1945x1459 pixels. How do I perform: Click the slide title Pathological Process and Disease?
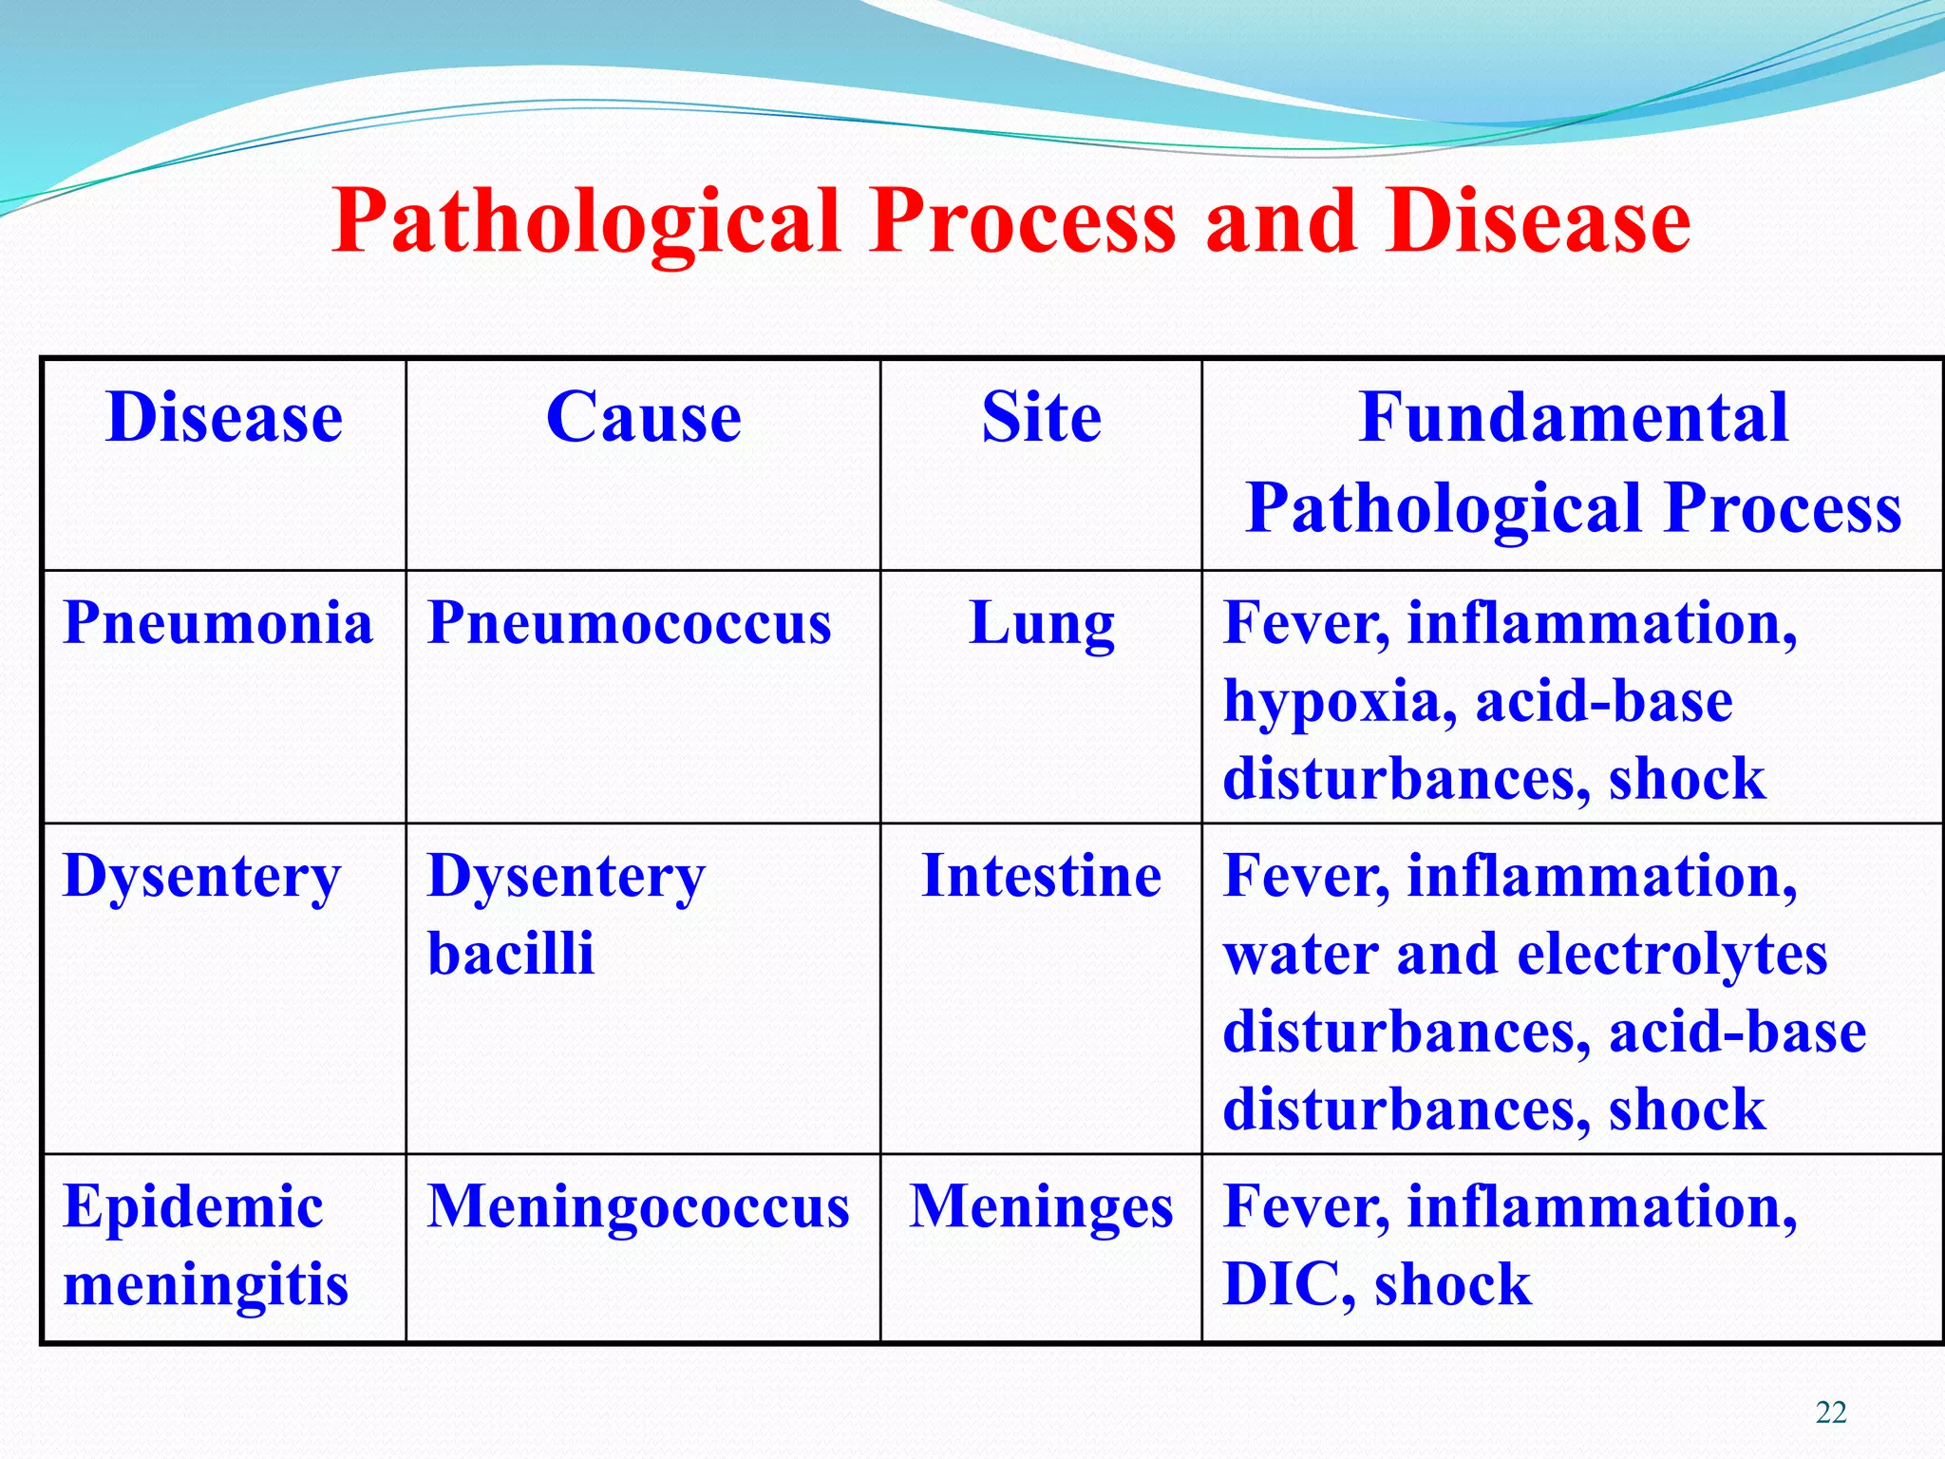(1010, 220)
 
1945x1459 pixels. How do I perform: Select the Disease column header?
(224, 418)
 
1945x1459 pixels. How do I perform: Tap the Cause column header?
(643, 418)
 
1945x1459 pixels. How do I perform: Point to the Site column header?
(1041, 418)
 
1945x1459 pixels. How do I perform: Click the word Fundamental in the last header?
(1573, 418)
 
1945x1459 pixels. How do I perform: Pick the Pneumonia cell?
(217, 624)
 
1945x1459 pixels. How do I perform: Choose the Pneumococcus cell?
(629, 624)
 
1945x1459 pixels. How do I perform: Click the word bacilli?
(510, 954)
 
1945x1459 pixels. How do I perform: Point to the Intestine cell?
(1041, 876)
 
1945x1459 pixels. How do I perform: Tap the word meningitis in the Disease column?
(205, 1285)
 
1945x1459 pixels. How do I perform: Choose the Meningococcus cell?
(638, 1207)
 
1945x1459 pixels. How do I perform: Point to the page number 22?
(1831, 1412)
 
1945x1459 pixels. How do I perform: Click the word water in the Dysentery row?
(1300, 955)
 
